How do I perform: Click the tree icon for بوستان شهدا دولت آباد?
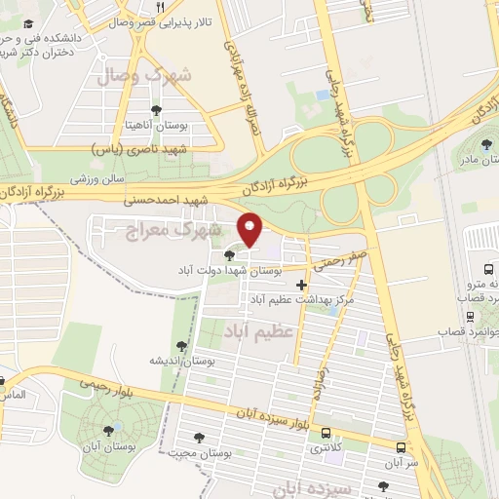(x=229, y=255)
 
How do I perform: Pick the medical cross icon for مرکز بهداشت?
(x=301, y=286)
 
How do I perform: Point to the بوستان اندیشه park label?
(x=180, y=361)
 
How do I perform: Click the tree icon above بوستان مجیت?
(x=201, y=438)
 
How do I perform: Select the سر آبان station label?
(x=401, y=463)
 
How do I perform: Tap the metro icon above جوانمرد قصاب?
(x=472, y=316)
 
